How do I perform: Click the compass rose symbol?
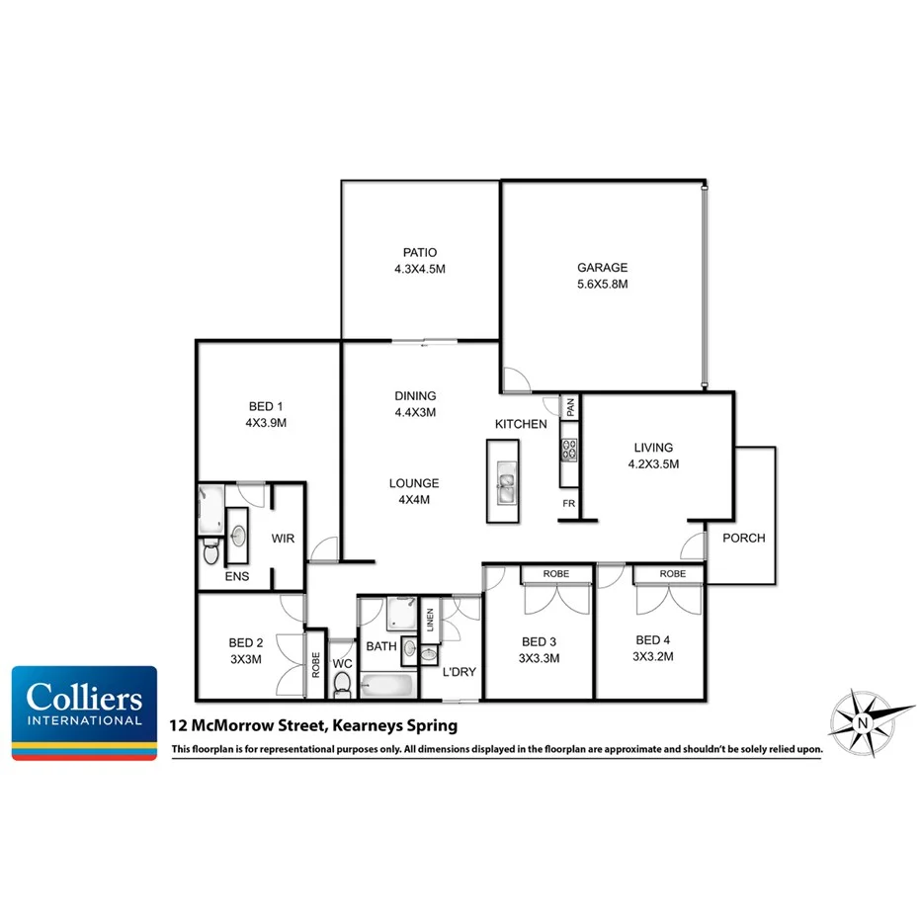point(862,720)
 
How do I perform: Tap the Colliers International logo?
point(84,712)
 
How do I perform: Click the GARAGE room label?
point(602,268)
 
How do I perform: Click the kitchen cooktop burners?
point(569,451)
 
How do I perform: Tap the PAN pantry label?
point(570,406)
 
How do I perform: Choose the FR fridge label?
point(569,503)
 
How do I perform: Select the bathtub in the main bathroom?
point(387,685)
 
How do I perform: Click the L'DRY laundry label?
point(460,672)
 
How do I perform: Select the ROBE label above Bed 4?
point(673,573)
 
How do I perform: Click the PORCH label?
point(743,539)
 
